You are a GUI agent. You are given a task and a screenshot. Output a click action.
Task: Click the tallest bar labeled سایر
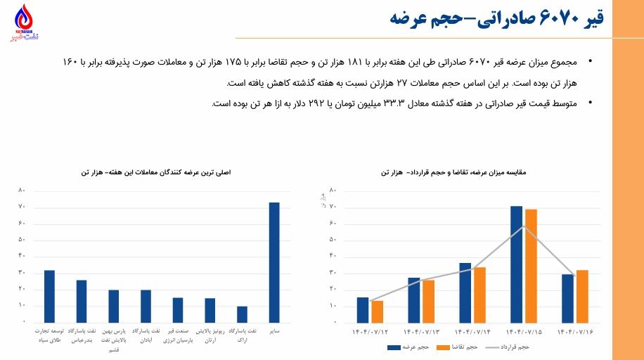[x=274, y=262]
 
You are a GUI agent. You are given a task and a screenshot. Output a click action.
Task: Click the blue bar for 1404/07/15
[x=517, y=264]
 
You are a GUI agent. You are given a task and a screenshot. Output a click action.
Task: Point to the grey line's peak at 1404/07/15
[x=524, y=226]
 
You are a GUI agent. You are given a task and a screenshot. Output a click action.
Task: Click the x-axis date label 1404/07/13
[x=421, y=330]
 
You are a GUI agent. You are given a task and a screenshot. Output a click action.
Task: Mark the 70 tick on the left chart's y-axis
[x=22, y=207]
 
